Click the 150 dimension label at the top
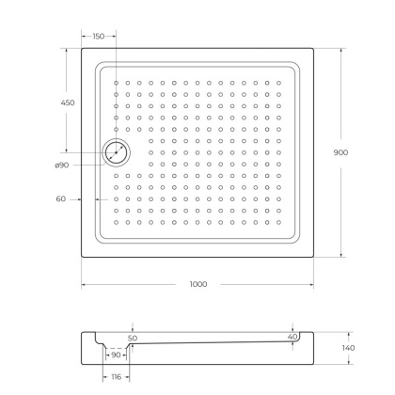[x=98, y=36]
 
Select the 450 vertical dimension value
[x=68, y=103]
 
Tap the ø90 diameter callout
[x=63, y=166]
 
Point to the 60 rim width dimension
[x=60, y=198]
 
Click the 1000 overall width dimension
[x=197, y=283]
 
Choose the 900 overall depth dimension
[x=354, y=152]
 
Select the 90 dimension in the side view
[x=117, y=355]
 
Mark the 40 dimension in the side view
[x=292, y=336]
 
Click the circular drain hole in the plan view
[x=118, y=152]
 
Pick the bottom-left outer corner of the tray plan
[x=82, y=257]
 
